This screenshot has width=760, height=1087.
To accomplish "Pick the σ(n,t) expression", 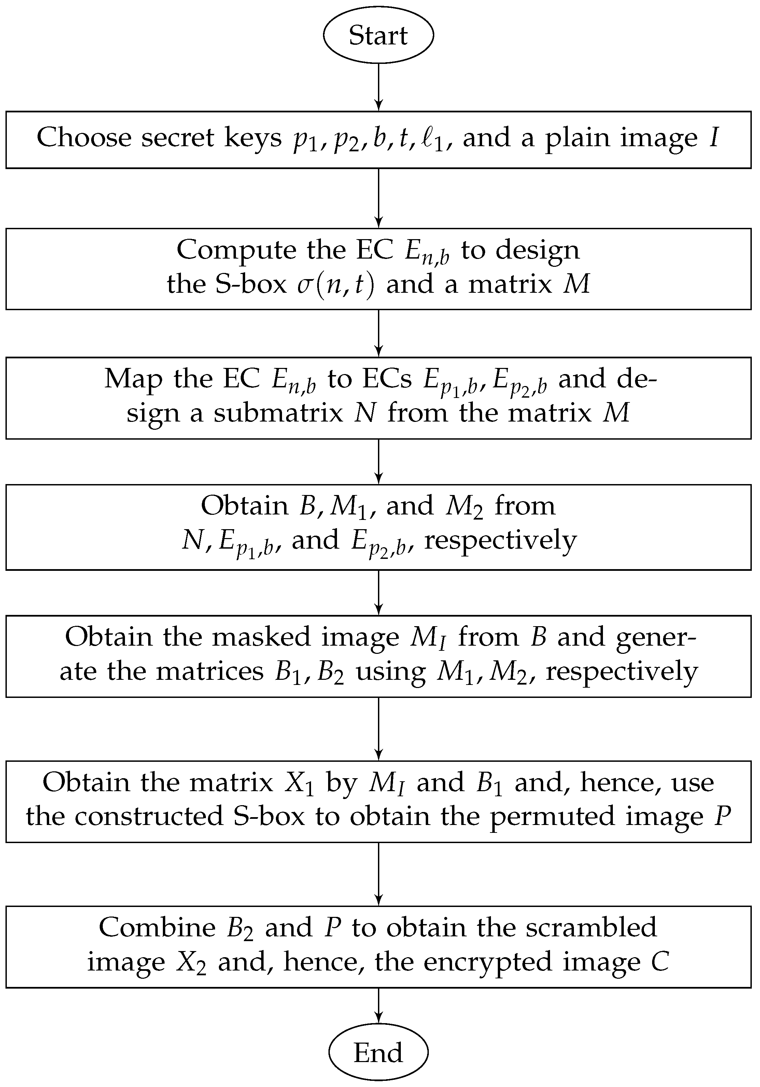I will [336, 285].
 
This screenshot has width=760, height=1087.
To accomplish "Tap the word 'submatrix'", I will [278, 413].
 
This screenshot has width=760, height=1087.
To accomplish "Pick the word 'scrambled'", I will [592, 927].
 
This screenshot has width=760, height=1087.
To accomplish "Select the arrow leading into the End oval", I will [379, 1005].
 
